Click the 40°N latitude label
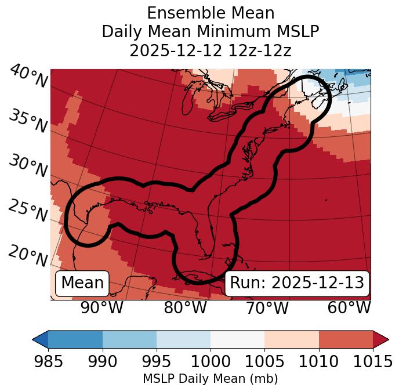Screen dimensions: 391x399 click(x=28, y=77)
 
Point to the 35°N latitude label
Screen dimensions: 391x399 click(x=28, y=121)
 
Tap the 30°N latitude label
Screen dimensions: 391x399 click(x=28, y=166)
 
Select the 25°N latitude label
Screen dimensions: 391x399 click(x=28, y=211)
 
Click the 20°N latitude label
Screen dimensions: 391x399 click(x=28, y=255)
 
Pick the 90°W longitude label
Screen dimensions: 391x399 click(x=101, y=307)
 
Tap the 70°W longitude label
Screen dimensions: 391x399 click(x=268, y=307)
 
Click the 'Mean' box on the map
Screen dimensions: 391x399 click(x=82, y=283)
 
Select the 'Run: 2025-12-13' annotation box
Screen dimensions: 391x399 click(x=297, y=283)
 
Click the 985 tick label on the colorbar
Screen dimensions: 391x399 click(x=48, y=362)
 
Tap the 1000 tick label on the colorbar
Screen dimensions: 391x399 click(x=211, y=362)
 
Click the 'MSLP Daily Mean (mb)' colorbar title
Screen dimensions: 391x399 click(x=210, y=379)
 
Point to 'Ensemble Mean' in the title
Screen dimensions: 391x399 click(x=210, y=13)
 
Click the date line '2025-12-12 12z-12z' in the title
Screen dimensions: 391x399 click(x=210, y=50)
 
